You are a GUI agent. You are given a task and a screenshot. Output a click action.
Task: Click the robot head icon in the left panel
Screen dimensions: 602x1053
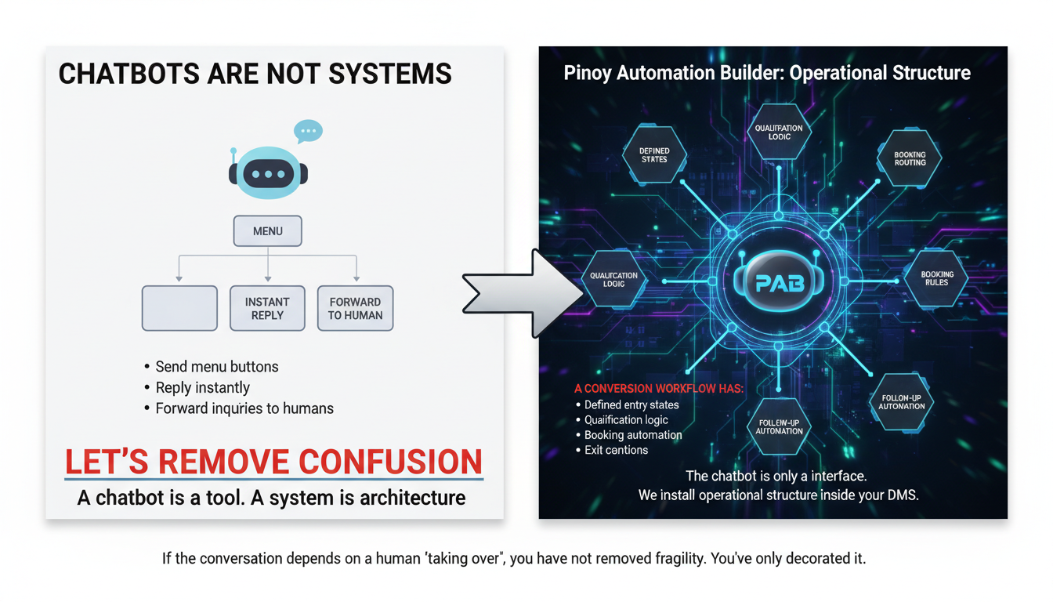[x=268, y=172]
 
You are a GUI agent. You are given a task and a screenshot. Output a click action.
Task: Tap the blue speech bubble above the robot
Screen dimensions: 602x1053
[x=308, y=131]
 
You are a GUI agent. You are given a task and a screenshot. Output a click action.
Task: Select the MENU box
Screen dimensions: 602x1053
[x=268, y=231]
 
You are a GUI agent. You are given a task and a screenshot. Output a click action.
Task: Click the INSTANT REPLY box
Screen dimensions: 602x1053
[x=267, y=308]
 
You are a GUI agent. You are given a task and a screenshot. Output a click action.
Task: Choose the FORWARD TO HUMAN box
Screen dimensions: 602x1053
[x=355, y=308]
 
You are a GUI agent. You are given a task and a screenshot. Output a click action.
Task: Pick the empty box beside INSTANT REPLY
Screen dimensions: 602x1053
[x=179, y=308]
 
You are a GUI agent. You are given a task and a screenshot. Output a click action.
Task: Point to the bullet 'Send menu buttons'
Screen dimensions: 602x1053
[x=216, y=367]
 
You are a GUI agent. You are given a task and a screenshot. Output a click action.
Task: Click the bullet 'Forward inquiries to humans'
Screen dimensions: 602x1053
[x=244, y=408]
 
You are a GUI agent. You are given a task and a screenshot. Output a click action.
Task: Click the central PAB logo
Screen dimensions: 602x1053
[x=780, y=282]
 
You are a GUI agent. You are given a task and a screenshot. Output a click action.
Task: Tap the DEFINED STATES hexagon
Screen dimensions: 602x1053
[x=654, y=154]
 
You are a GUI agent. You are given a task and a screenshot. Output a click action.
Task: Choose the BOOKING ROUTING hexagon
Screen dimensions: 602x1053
[x=910, y=158]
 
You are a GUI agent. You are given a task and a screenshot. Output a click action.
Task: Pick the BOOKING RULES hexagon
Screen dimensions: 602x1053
[x=936, y=278]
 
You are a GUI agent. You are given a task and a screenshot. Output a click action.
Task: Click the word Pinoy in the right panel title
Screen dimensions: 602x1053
[x=586, y=74]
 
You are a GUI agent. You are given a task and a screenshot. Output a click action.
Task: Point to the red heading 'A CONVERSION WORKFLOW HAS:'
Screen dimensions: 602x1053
[x=659, y=389]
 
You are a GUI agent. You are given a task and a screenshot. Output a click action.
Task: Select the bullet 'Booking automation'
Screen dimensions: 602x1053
[x=633, y=435]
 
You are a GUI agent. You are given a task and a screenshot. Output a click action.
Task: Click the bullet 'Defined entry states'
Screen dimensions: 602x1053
[x=631, y=405]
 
